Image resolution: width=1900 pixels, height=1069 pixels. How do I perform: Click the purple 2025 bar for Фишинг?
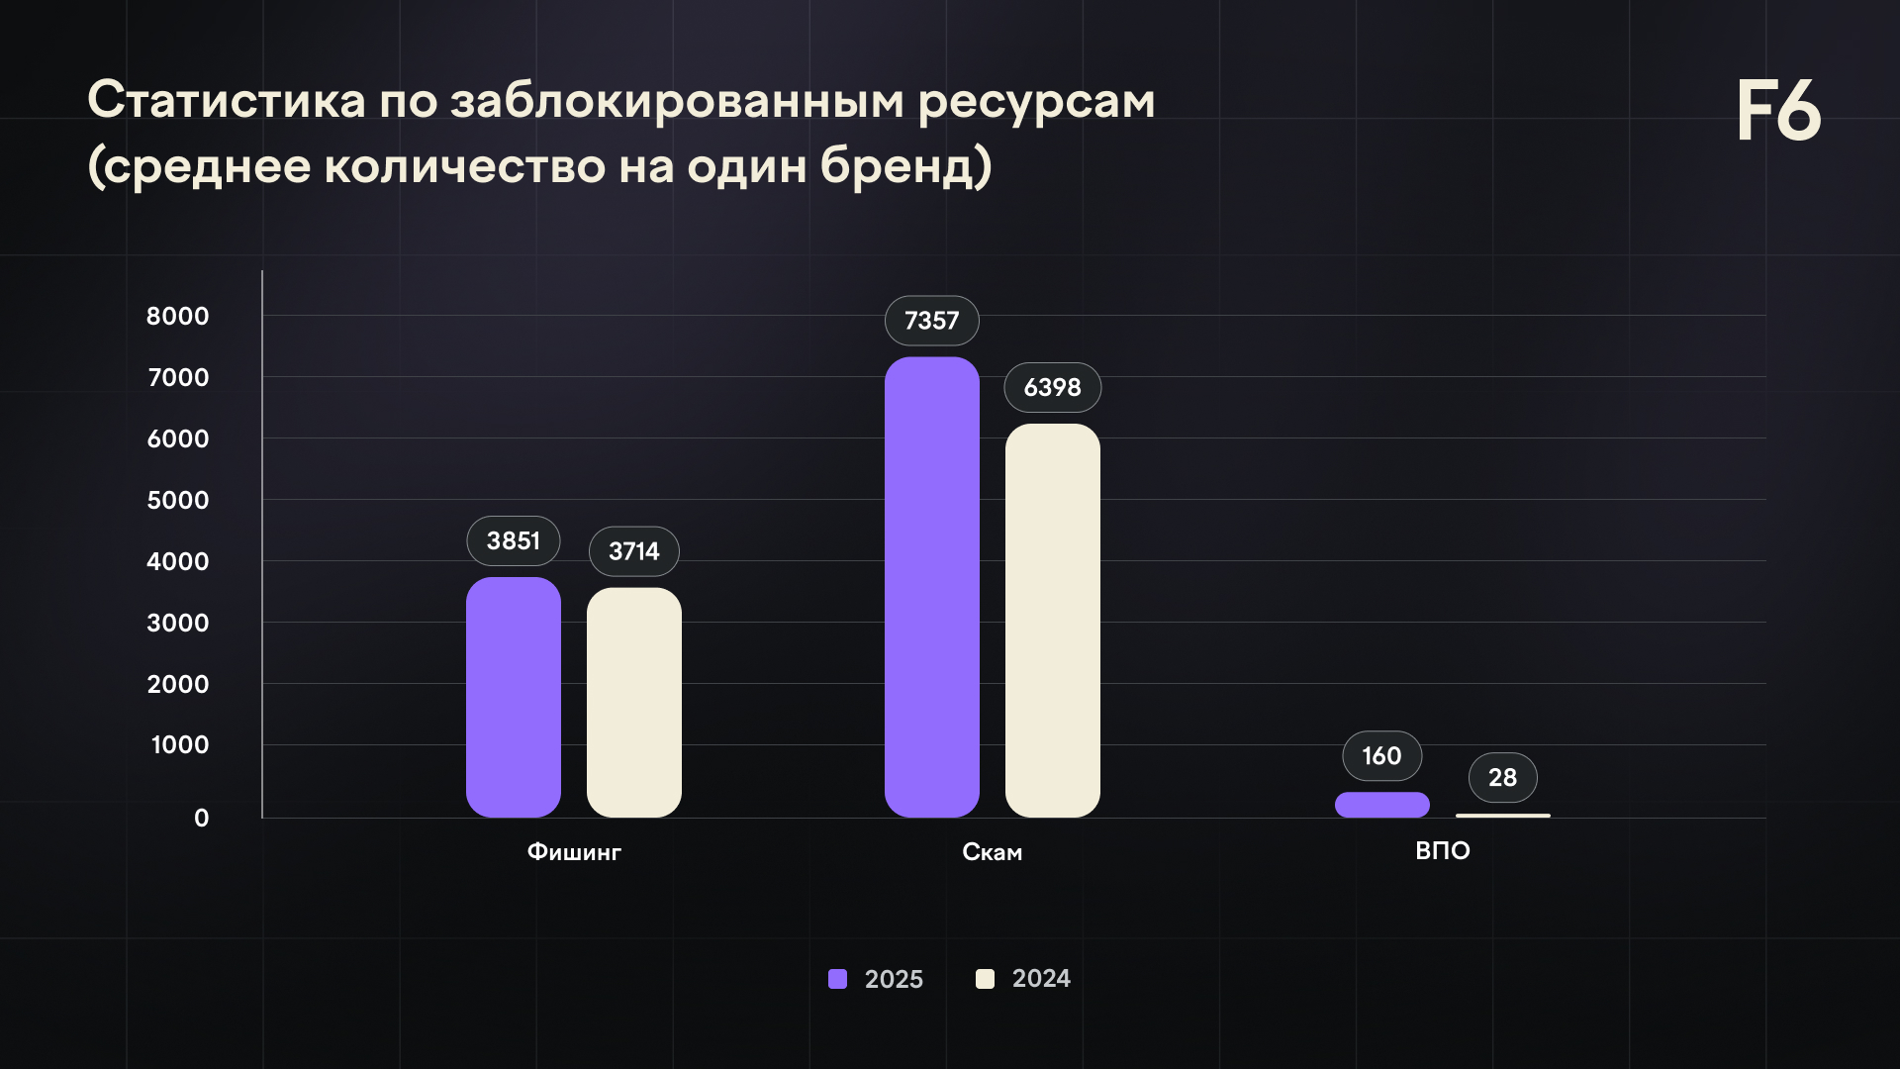click(x=513, y=697)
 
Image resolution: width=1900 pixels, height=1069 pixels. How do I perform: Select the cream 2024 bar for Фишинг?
click(x=633, y=702)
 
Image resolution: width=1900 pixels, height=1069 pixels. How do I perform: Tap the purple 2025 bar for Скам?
click(x=931, y=587)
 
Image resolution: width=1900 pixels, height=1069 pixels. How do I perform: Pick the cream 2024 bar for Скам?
click(x=1052, y=621)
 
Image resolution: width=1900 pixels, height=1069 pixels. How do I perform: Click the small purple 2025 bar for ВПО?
click(x=1381, y=805)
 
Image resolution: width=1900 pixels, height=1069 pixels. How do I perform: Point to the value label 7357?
click(x=931, y=321)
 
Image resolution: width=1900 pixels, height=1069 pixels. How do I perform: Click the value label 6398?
click(x=1052, y=387)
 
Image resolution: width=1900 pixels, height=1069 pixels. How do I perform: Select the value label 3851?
click(x=513, y=540)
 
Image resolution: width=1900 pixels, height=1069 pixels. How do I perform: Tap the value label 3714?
click(x=633, y=551)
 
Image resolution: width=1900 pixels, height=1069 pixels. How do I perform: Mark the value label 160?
click(x=1381, y=756)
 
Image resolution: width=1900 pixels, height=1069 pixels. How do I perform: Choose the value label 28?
click(x=1502, y=778)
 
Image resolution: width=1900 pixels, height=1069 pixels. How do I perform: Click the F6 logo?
click(x=1778, y=111)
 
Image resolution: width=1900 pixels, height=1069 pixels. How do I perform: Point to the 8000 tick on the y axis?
click(x=178, y=316)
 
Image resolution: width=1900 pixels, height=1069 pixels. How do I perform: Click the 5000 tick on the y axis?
click(x=178, y=500)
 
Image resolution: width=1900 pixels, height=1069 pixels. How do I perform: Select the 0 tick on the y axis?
click(x=202, y=818)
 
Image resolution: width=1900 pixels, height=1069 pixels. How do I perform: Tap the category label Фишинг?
click(x=574, y=852)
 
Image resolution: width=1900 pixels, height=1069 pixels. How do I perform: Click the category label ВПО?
click(x=1442, y=851)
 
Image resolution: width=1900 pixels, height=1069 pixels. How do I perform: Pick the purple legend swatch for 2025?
click(x=837, y=979)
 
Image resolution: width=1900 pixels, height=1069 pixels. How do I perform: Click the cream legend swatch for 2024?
click(x=985, y=979)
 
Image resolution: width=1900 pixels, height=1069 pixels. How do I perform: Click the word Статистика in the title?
click(x=227, y=101)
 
